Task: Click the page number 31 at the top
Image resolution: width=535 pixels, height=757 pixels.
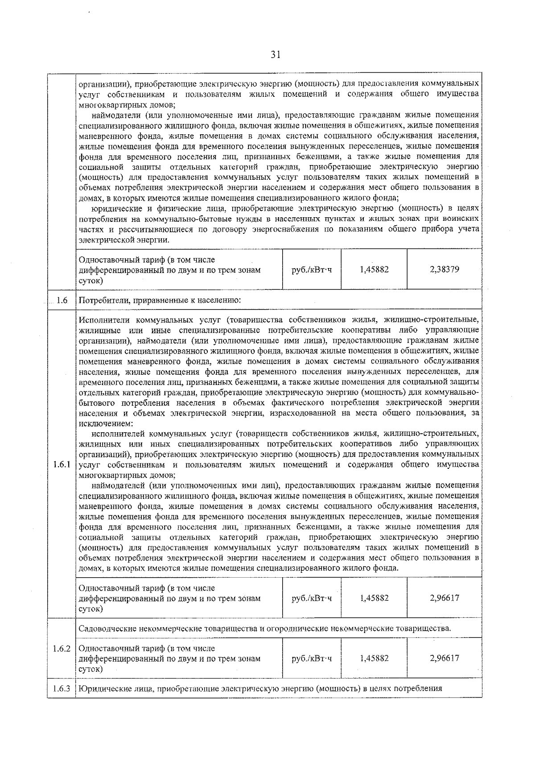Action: (276, 55)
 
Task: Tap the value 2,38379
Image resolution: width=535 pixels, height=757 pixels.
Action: (444, 269)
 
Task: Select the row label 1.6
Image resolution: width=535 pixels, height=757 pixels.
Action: (62, 300)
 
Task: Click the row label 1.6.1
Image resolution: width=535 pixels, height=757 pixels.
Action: (62, 464)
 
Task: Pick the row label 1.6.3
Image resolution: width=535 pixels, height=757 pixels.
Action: (62, 688)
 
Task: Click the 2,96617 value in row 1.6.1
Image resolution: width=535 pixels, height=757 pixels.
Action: (444, 598)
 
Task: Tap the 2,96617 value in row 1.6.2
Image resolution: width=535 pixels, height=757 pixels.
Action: (444, 658)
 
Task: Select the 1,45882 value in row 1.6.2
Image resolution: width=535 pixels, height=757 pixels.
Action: (374, 658)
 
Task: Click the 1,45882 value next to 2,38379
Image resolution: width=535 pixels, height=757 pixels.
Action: (374, 269)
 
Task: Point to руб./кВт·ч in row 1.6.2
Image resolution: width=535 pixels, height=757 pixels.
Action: (312, 658)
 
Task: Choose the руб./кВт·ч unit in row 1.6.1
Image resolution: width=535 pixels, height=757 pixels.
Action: (312, 598)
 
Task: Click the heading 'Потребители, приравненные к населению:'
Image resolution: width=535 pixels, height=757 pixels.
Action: (160, 300)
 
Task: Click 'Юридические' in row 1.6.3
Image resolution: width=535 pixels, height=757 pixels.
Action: (103, 688)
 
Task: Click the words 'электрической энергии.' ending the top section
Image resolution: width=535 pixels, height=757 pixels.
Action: (124, 240)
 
